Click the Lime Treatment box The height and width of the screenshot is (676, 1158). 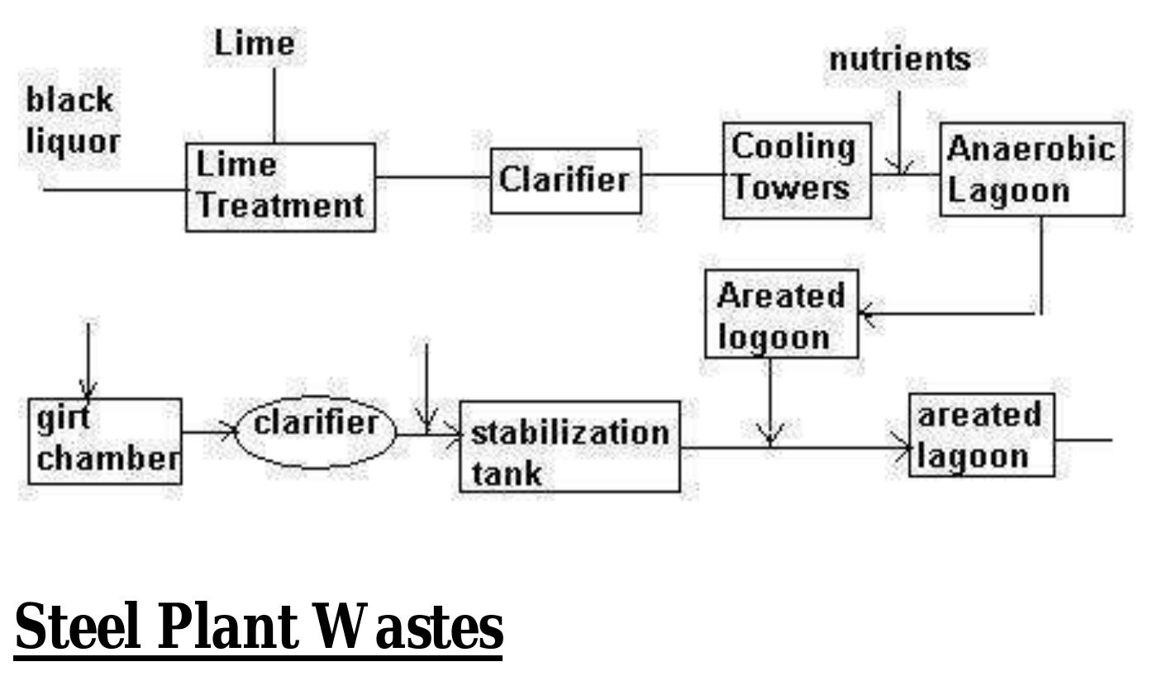[x=280, y=187]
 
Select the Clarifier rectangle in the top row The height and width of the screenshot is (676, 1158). [x=565, y=180]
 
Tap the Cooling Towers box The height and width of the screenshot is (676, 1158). [x=796, y=170]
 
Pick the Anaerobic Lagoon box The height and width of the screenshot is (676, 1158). [x=1032, y=169]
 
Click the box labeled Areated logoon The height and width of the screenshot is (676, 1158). [x=781, y=314]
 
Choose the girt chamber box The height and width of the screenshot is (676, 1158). [x=105, y=440]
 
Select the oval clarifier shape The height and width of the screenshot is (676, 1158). [x=316, y=431]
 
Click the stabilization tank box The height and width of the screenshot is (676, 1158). [x=569, y=446]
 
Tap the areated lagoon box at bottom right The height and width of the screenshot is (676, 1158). [x=981, y=435]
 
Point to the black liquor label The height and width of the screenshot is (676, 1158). [x=73, y=121]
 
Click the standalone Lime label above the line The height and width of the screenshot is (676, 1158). [x=254, y=43]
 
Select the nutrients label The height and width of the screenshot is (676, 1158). [x=899, y=60]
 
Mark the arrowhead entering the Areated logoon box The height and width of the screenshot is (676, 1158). [x=866, y=314]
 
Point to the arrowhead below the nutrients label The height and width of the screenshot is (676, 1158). [x=900, y=167]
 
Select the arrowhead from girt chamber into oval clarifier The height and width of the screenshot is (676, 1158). [x=229, y=431]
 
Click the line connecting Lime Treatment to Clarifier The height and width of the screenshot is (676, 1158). [x=433, y=176]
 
